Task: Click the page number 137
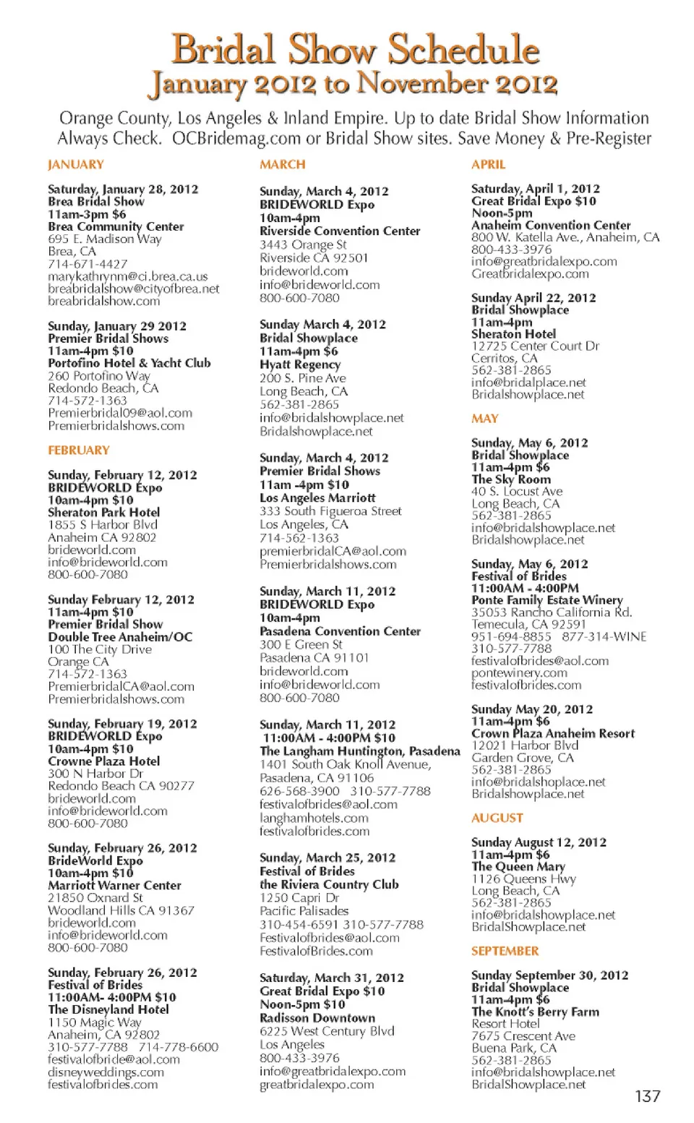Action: [647, 1096]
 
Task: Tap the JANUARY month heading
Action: [76, 165]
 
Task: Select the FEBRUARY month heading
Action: [79, 450]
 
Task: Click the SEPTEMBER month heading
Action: [505, 951]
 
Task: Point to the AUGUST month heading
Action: [497, 818]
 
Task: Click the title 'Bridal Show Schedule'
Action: [355, 50]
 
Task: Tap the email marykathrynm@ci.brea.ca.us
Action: [127, 276]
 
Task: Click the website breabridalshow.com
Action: [103, 301]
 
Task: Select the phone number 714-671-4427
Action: [87, 264]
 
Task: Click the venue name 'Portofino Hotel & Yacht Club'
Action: [129, 363]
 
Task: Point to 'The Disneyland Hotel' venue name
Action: [108, 1009]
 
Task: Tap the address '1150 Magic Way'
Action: [94, 1022]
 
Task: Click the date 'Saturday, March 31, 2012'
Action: [332, 978]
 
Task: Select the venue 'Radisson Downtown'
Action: [317, 1017]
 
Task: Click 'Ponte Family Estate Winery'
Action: [547, 600]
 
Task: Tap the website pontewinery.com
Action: [519, 672]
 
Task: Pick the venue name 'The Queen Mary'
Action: [518, 866]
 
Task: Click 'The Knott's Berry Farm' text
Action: [535, 1012]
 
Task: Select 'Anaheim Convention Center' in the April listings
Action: [551, 225]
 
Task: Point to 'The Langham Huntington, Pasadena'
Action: [360, 751]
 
